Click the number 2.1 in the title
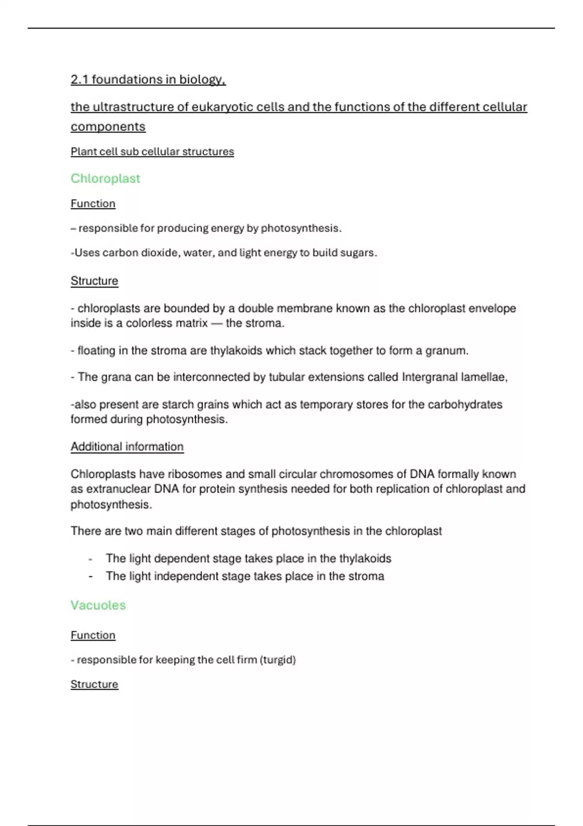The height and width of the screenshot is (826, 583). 79,79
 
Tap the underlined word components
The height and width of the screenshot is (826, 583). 108,127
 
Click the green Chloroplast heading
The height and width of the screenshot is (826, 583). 105,178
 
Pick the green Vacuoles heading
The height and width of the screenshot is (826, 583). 98,605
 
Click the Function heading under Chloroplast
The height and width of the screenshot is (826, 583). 93,204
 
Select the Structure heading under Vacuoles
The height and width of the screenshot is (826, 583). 94,684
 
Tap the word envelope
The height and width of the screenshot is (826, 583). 492,309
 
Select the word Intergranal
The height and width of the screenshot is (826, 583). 429,377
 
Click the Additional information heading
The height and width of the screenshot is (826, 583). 127,447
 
